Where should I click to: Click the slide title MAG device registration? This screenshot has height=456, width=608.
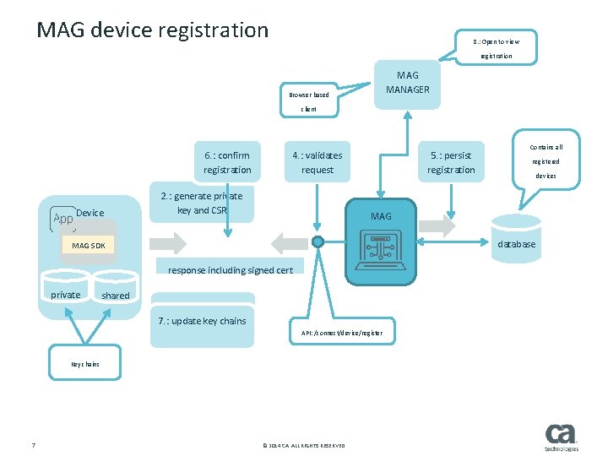[152, 30]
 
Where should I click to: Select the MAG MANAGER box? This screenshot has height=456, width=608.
[407, 83]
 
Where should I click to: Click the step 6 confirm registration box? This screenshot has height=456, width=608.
[226, 163]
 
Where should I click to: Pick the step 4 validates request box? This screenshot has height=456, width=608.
[318, 163]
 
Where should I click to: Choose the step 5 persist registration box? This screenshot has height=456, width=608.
[451, 163]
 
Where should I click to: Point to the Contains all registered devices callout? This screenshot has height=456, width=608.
[546, 160]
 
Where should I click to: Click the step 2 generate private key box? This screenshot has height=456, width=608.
[201, 204]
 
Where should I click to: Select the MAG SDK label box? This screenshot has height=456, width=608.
[89, 246]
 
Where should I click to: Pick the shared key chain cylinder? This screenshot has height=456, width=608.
[116, 292]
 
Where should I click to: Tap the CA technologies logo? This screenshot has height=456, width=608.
[562, 437]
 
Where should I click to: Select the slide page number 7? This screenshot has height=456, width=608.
[32, 446]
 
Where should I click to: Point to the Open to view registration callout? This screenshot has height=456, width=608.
[497, 48]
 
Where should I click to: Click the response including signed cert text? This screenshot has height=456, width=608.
[231, 270]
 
